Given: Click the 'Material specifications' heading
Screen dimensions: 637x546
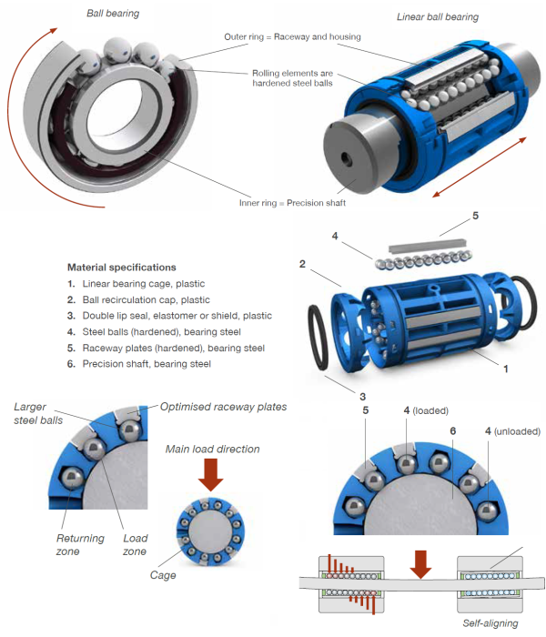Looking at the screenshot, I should [x=122, y=268].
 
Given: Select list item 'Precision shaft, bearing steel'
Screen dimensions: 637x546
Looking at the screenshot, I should [x=146, y=364].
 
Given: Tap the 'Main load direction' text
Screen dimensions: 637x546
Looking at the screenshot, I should [x=210, y=449].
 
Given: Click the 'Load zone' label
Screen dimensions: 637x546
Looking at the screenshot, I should [x=136, y=544].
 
